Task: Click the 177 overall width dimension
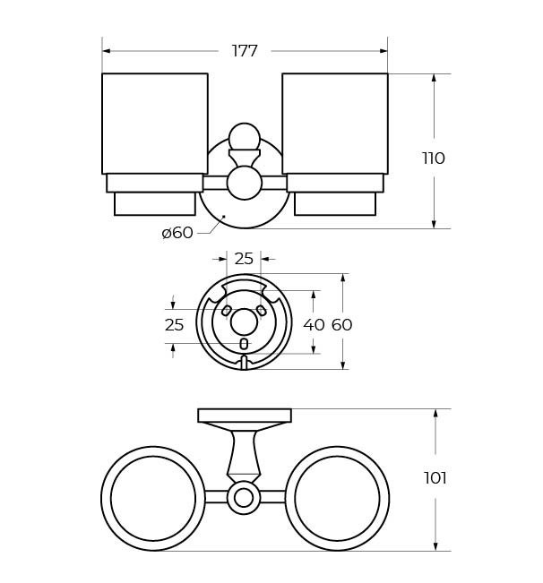tap(245, 51)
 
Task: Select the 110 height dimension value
tap(434, 159)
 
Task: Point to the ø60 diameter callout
tap(177, 233)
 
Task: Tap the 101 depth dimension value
tap(435, 478)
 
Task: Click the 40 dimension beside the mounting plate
tap(314, 325)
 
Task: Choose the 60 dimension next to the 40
tap(341, 325)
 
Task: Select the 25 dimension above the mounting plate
tap(244, 259)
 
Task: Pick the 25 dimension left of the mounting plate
tap(174, 325)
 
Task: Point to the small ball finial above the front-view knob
tap(244, 137)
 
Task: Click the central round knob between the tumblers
tap(244, 183)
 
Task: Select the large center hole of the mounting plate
tap(244, 322)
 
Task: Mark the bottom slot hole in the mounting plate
tap(244, 344)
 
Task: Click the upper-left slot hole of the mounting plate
tap(227, 311)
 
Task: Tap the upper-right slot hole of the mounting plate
tap(261, 311)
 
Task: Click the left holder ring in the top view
tap(153, 498)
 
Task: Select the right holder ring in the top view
tap(337, 498)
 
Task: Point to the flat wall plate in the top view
tap(245, 416)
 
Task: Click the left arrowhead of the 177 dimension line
tap(106, 51)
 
